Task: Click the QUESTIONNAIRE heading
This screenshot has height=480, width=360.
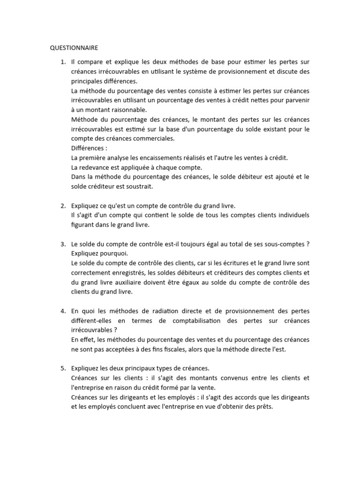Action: [x=75, y=47]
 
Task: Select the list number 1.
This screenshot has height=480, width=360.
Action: [x=63, y=62]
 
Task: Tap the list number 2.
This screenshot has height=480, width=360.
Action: [x=63, y=206]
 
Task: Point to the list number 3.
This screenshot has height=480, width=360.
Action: [x=63, y=244]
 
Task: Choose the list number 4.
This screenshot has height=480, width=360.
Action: [x=63, y=311]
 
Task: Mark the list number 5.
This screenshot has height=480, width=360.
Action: [x=63, y=368]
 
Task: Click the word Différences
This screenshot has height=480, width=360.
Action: [x=88, y=148]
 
